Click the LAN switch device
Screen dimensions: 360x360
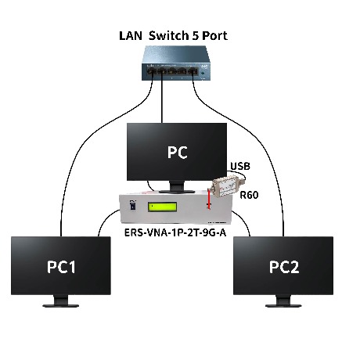(x=175, y=63)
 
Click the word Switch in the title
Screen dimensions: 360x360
(x=169, y=35)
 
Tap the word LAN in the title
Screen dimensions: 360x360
(x=131, y=36)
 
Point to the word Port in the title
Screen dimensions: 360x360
(x=214, y=36)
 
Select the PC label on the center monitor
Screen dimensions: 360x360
(x=177, y=152)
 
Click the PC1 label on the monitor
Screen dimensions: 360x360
(x=61, y=267)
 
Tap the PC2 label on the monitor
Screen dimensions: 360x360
(x=284, y=267)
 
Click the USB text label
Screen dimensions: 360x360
(x=240, y=166)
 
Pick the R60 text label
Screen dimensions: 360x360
(x=249, y=195)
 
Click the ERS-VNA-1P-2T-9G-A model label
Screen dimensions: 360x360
(x=175, y=232)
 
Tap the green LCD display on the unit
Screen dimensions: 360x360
(x=162, y=207)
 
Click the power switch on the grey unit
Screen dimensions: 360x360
(x=133, y=204)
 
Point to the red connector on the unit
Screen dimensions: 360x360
(x=209, y=198)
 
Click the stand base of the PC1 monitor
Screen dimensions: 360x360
(x=61, y=305)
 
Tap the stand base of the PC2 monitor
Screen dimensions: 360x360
(x=283, y=305)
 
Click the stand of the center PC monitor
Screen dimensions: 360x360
(x=177, y=187)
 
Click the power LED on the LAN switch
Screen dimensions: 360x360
(x=203, y=73)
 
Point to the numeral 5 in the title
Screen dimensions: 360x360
(x=196, y=36)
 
